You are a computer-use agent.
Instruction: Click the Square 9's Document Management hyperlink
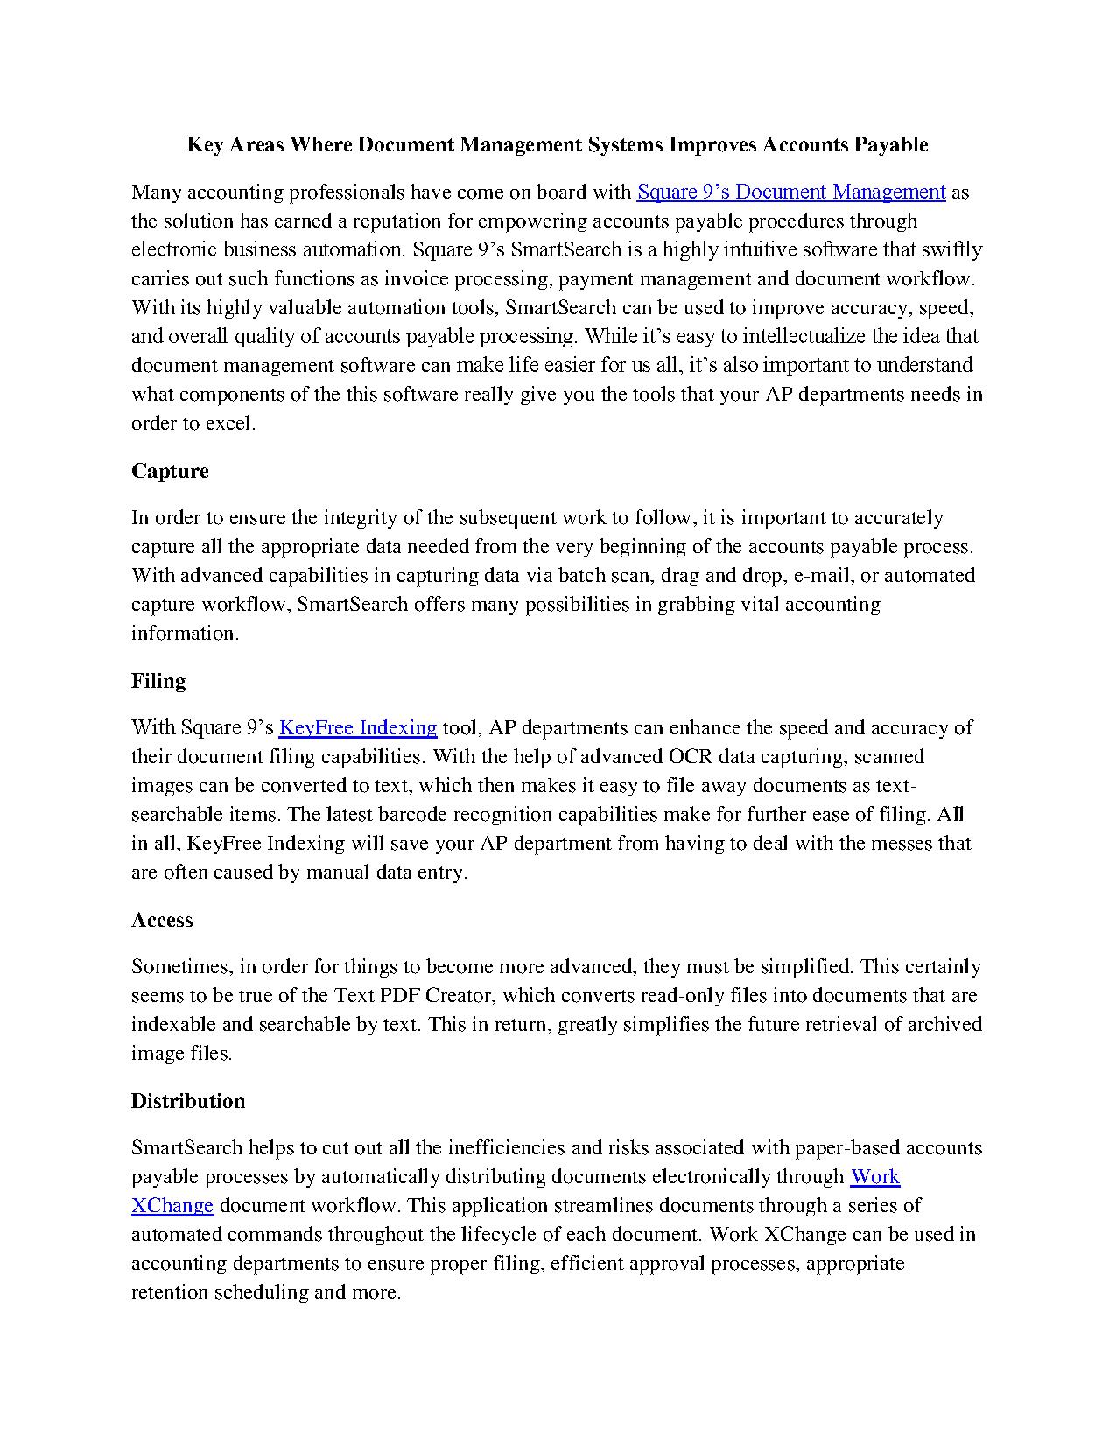tap(791, 192)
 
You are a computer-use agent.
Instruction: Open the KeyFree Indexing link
tap(357, 727)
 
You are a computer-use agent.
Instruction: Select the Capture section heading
tap(170, 471)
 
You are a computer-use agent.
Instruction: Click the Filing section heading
tap(158, 681)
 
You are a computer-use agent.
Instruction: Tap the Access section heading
tap(162, 920)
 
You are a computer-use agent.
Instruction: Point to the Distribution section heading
tap(188, 1101)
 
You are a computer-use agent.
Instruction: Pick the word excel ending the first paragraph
tap(229, 424)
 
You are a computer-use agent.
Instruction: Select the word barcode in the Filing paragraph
tap(411, 814)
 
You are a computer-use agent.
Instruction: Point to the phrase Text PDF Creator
tap(412, 995)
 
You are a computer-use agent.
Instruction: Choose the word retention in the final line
tap(170, 1292)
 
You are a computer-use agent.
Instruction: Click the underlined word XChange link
tap(172, 1205)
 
